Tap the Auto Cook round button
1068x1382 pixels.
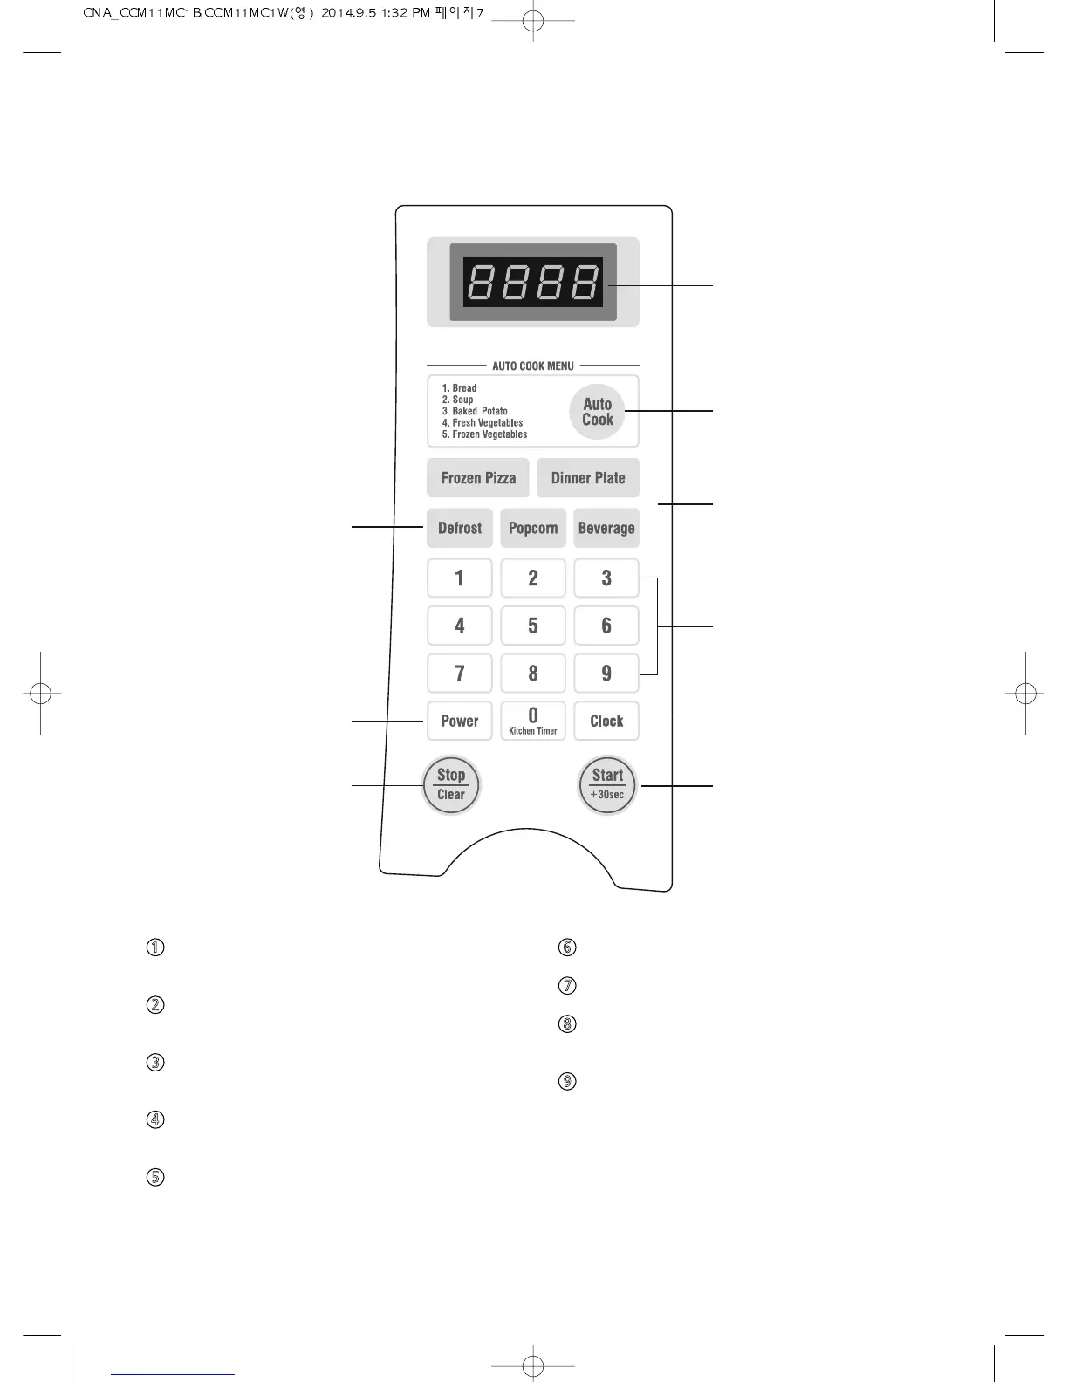tap(598, 412)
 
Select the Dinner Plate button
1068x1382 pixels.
tap(588, 478)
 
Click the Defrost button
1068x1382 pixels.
tap(460, 528)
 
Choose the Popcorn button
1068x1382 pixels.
tap(533, 528)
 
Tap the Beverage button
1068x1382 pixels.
tap(606, 528)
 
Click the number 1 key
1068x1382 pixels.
tap(460, 578)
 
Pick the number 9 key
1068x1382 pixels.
tap(606, 673)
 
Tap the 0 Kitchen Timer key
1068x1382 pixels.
tap(533, 721)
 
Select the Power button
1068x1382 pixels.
tap(460, 721)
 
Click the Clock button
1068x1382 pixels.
tap(606, 721)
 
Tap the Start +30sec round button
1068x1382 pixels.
tap(608, 784)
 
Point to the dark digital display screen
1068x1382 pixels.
tap(533, 282)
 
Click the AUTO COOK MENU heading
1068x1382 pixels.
tap(533, 366)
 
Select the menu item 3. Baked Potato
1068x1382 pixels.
tap(475, 411)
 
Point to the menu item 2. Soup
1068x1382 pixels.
tap(458, 400)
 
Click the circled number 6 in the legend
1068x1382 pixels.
tap(567, 948)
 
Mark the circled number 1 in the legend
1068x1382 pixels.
tap(155, 948)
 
